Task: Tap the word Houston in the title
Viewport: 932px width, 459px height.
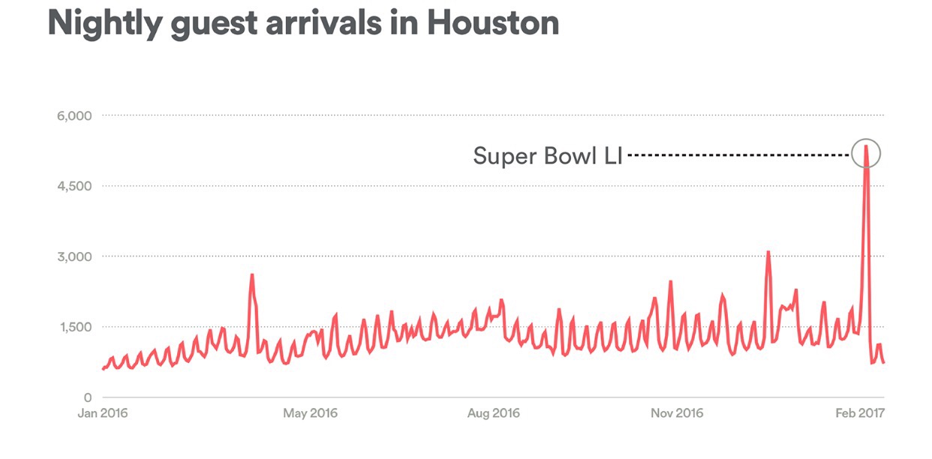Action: (x=492, y=22)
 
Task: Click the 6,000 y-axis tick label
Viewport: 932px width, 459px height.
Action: (x=74, y=115)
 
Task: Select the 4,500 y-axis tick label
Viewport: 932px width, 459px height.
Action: (x=74, y=186)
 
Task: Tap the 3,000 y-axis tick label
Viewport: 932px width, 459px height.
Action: (x=74, y=256)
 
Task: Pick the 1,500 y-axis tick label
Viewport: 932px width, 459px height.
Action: (x=74, y=327)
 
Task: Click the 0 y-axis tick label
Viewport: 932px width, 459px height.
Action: (x=87, y=397)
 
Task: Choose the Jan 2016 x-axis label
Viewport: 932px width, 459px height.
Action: (x=103, y=413)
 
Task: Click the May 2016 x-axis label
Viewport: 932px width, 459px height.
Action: (x=311, y=413)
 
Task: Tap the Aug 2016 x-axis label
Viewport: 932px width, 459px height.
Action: (x=493, y=413)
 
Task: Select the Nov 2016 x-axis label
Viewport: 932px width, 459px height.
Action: (x=677, y=413)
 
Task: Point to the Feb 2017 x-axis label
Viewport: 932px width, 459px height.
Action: (x=861, y=413)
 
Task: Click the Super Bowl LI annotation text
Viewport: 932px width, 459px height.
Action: (x=548, y=155)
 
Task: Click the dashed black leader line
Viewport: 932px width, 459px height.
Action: (x=739, y=155)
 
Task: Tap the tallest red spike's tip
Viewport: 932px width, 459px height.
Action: (x=867, y=146)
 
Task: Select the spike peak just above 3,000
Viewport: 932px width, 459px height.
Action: (x=768, y=252)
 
